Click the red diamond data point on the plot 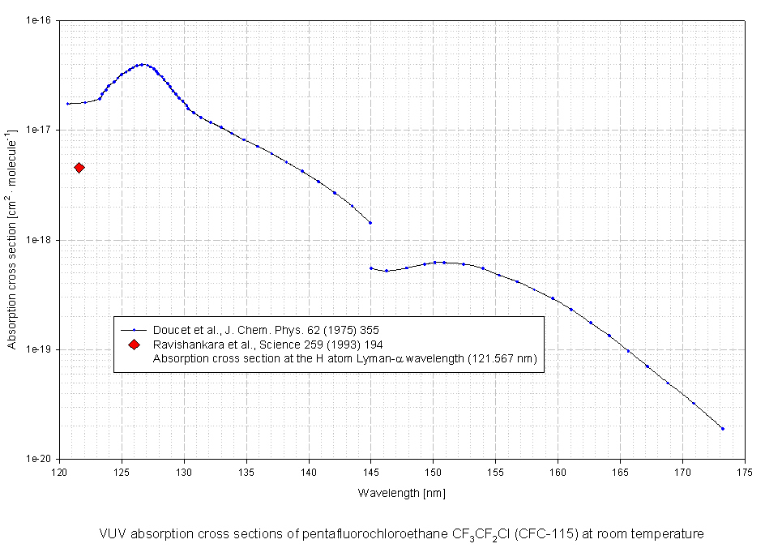[x=79, y=168]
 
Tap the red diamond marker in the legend [x=134, y=344]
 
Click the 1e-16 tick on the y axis [x=41, y=20]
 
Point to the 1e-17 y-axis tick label [x=41, y=130]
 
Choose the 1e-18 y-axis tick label [x=41, y=240]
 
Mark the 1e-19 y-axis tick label [x=41, y=349]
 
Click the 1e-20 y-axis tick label [x=41, y=459]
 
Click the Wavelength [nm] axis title [x=402, y=492]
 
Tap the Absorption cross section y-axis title [x=13, y=240]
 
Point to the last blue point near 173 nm [x=722, y=428]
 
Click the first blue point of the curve [x=68, y=104]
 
